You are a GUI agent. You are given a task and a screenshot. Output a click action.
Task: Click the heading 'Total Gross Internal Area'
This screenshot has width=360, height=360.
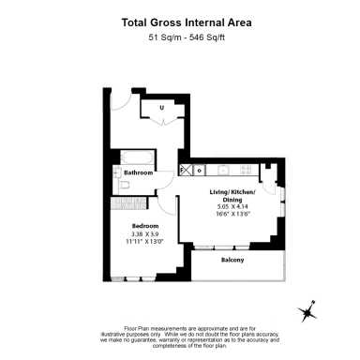[180, 22]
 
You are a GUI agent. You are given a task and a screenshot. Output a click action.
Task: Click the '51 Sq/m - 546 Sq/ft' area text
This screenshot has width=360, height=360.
[180, 38]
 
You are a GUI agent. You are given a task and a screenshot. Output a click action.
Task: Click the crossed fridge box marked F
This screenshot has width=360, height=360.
[186, 170]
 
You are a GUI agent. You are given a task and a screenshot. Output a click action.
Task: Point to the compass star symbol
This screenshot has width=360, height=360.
[308, 312]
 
